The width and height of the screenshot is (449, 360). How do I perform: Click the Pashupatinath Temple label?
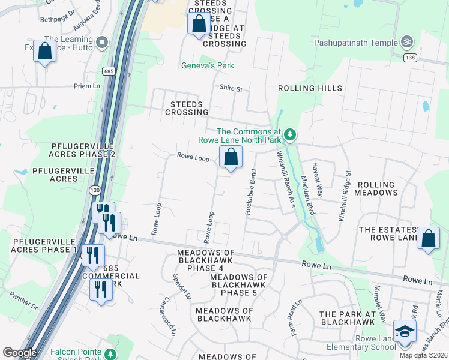355,43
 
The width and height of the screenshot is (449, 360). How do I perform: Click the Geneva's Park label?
208,65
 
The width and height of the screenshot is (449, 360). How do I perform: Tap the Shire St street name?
231,89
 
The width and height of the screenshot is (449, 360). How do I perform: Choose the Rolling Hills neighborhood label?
310,88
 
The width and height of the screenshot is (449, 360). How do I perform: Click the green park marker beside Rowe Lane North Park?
291,134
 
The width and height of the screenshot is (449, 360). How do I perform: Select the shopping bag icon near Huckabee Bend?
231,158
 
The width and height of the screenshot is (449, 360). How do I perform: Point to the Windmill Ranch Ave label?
286,179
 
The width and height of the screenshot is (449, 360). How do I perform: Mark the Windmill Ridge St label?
345,196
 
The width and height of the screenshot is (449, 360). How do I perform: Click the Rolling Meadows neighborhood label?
377,189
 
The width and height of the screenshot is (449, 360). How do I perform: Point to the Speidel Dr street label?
182,287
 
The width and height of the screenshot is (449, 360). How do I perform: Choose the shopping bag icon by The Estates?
428,239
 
